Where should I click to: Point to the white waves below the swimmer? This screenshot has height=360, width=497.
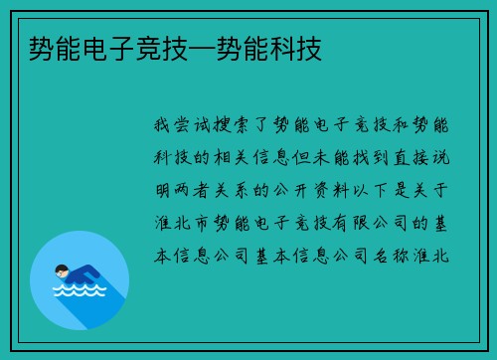point(79,294)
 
